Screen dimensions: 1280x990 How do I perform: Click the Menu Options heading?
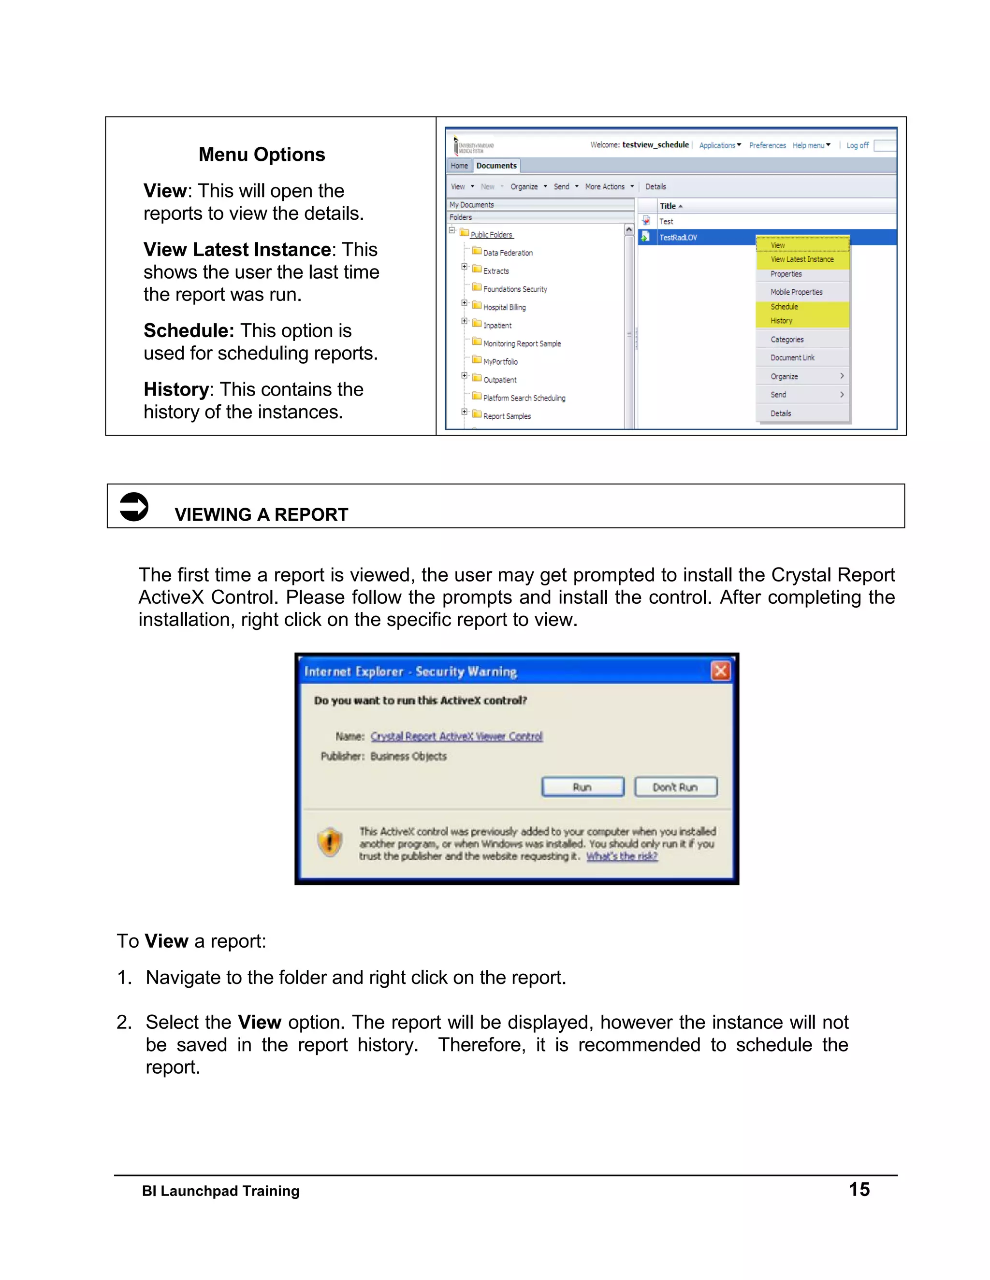[x=262, y=154]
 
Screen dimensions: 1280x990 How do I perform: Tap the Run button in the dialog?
[x=582, y=786]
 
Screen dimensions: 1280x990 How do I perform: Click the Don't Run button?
[x=675, y=786]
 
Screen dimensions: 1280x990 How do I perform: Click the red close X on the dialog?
[x=720, y=670]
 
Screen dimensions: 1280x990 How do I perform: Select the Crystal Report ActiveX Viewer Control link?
[x=456, y=736]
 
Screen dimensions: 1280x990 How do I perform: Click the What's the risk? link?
[x=622, y=856]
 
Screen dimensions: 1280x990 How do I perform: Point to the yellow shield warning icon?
[x=330, y=843]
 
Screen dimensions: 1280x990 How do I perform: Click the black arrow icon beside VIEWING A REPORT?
[x=134, y=506]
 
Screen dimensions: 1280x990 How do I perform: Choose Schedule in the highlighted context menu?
[x=784, y=307]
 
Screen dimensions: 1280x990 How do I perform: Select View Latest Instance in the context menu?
[x=802, y=259]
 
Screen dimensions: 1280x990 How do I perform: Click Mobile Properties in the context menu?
[x=796, y=292]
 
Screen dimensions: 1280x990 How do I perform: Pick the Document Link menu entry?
[x=792, y=357]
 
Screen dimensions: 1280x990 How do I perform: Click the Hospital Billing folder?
[x=504, y=307]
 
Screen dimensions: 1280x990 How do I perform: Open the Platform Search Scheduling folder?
[x=524, y=398]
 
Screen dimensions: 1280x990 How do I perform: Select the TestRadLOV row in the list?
[x=679, y=237]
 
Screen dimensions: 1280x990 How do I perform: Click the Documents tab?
[x=496, y=166]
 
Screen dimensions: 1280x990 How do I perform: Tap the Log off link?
[x=857, y=145]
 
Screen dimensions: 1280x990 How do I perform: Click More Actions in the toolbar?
[x=605, y=186]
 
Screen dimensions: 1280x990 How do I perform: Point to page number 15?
[x=859, y=1189]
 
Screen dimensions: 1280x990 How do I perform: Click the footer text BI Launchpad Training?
[x=220, y=1191]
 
